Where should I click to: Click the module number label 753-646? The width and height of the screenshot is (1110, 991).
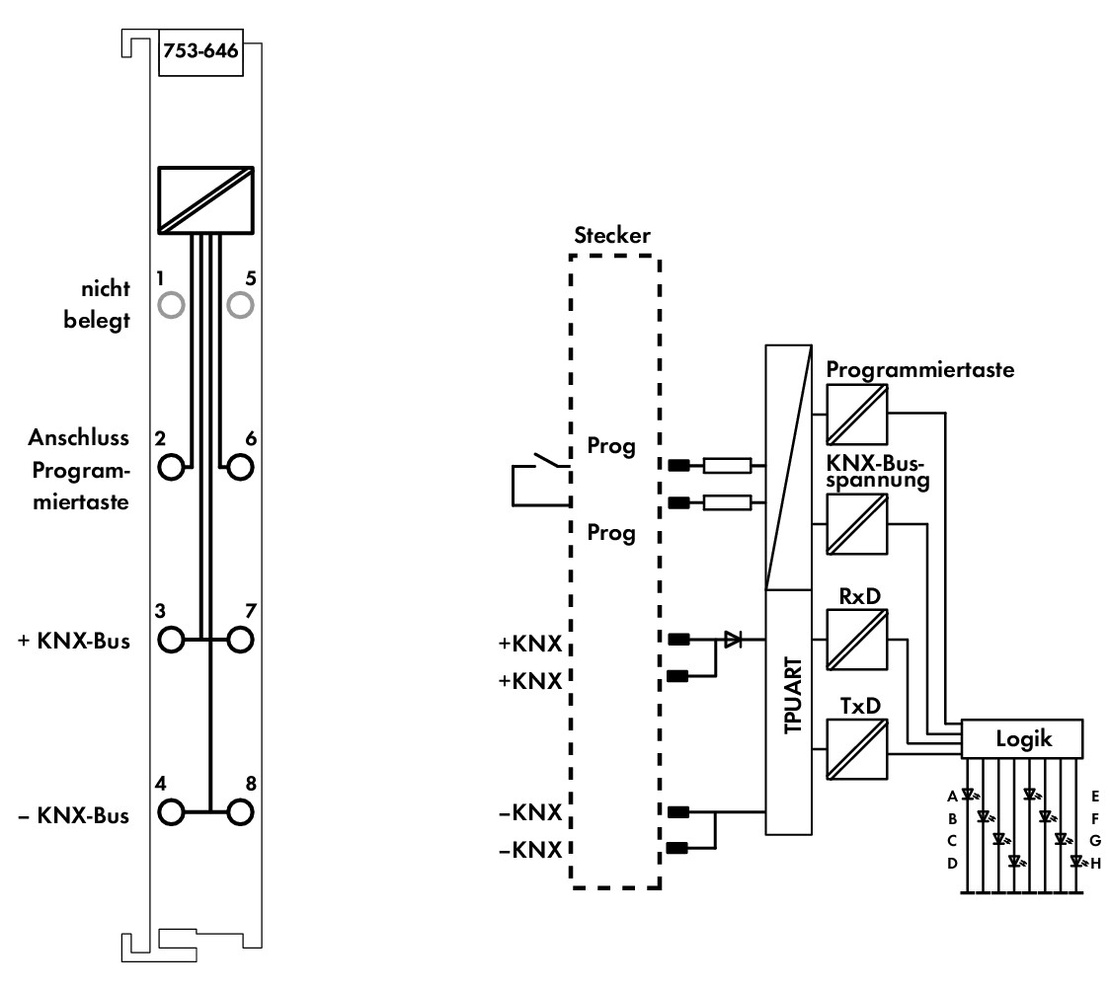click(x=201, y=51)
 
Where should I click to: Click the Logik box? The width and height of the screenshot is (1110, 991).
click(x=1022, y=739)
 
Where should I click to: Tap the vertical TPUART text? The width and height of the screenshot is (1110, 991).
click(x=793, y=695)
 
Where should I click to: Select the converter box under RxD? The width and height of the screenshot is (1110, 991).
click(x=856, y=640)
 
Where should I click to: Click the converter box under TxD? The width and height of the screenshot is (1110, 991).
click(x=856, y=749)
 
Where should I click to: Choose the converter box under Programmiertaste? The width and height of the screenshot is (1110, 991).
click(x=856, y=415)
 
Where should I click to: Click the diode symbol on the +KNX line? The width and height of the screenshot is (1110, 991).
click(x=733, y=640)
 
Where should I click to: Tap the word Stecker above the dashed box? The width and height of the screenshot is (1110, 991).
click(x=611, y=235)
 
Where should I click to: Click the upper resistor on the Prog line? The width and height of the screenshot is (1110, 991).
click(x=727, y=465)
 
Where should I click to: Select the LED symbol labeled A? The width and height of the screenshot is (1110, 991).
click(x=968, y=795)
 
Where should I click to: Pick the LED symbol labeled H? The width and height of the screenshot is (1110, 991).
click(x=1076, y=861)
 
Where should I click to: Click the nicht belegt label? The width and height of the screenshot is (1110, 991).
click(x=97, y=304)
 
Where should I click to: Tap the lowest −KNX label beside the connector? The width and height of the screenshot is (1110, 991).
click(x=530, y=849)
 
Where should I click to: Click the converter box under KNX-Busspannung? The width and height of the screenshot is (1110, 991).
click(x=856, y=523)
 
